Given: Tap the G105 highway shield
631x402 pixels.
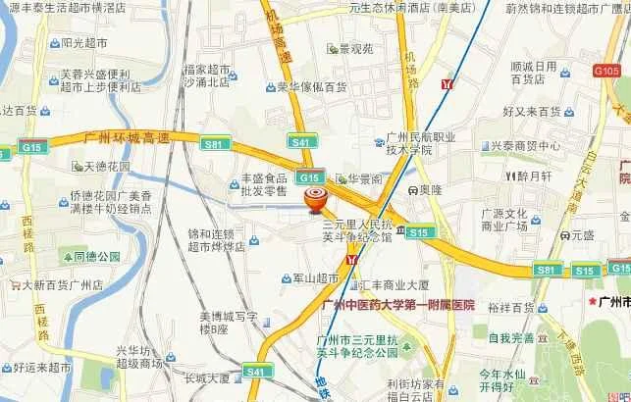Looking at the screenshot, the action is coord(606,72).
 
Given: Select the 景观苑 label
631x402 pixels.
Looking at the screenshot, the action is coord(356,48).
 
